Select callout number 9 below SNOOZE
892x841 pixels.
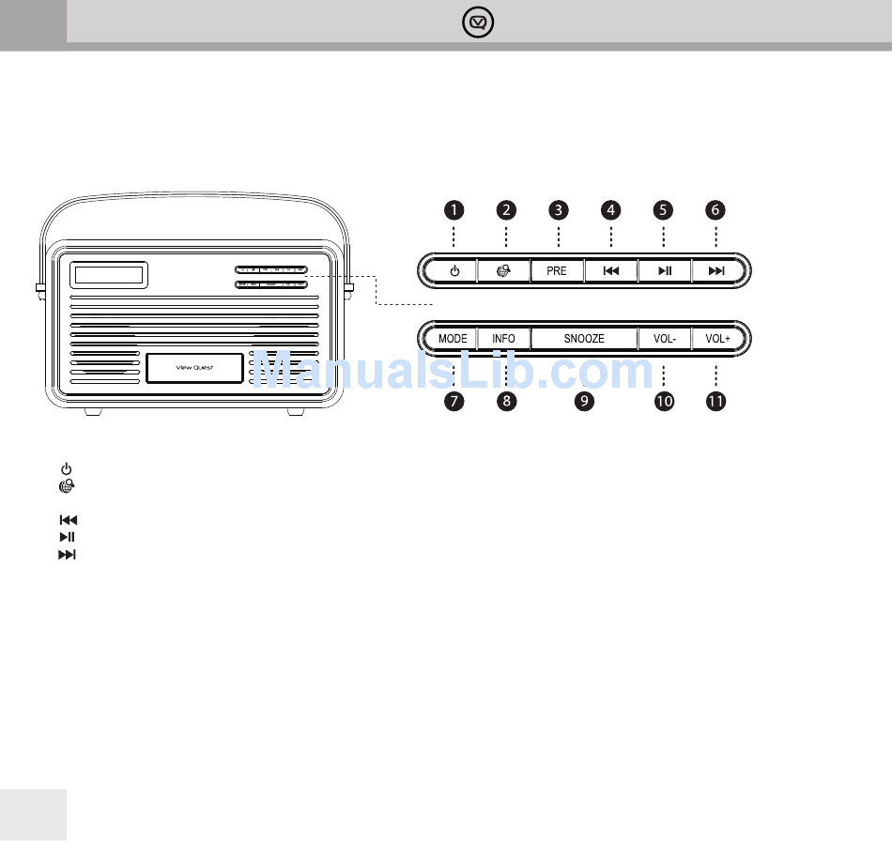tap(585, 402)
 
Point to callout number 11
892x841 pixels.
tap(716, 402)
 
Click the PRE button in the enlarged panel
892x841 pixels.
tap(557, 271)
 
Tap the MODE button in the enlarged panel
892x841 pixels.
tap(453, 338)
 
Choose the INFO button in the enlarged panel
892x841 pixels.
tap(504, 338)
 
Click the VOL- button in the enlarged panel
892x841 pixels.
tap(664, 338)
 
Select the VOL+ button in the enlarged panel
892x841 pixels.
tap(717, 338)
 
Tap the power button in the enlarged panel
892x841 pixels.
tap(454, 271)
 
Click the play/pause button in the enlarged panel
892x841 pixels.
tap(664, 271)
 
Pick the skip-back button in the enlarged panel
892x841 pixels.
tap(610, 271)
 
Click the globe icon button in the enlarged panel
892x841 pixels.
tap(505, 271)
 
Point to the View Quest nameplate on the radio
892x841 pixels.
tap(194, 368)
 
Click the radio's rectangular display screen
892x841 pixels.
tap(109, 275)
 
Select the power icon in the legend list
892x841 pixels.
tap(66, 468)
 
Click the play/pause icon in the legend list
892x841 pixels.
tap(67, 537)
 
